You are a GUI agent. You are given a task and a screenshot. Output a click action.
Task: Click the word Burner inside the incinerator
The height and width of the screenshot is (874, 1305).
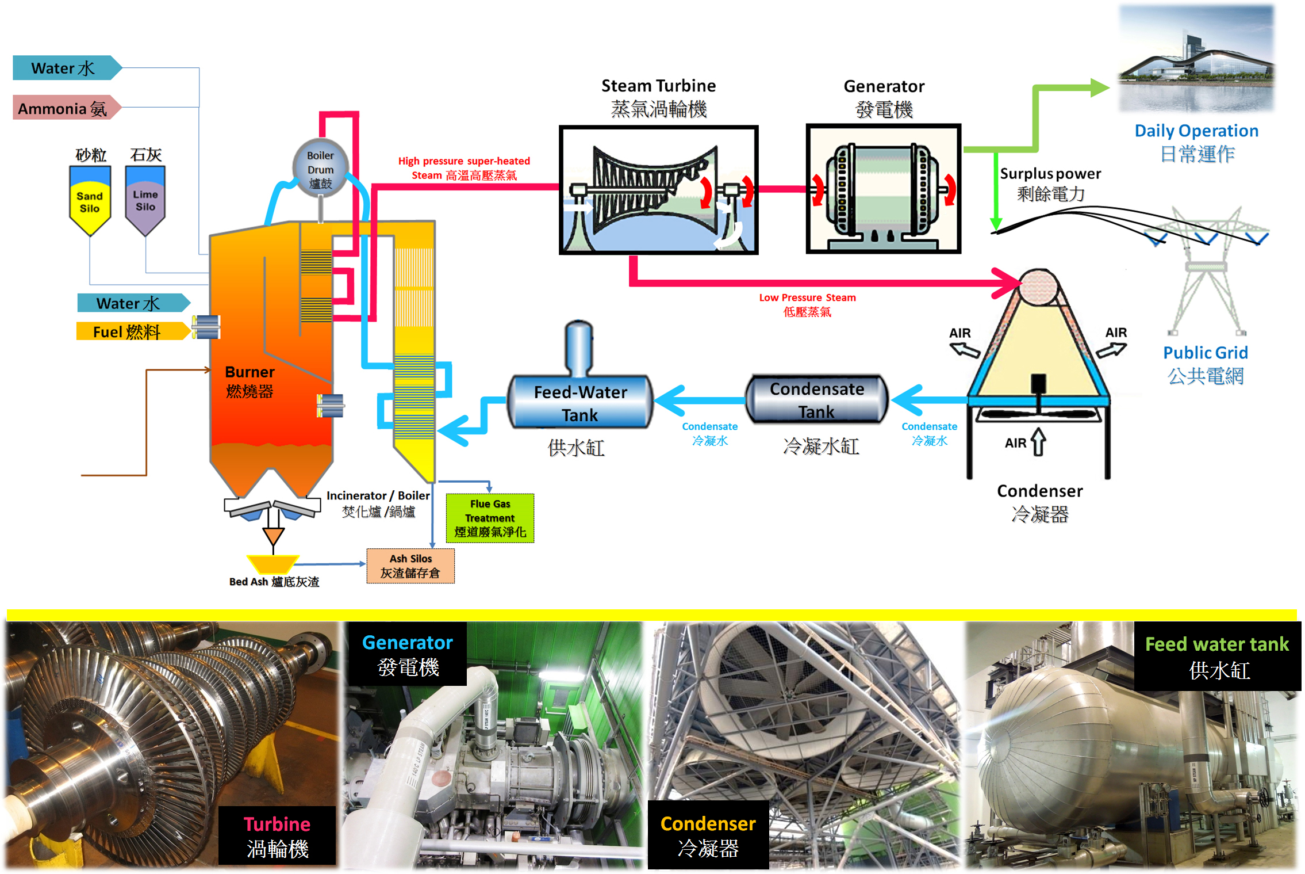[250, 372]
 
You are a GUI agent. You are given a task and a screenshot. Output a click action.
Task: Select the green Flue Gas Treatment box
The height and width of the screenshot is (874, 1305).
[490, 518]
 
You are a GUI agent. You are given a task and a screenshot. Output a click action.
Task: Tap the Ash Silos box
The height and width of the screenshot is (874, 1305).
[410, 566]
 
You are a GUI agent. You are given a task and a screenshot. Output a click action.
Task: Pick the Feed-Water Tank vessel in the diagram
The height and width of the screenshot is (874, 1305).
[579, 403]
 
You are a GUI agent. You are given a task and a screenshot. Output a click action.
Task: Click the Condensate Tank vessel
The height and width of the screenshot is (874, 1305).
[816, 400]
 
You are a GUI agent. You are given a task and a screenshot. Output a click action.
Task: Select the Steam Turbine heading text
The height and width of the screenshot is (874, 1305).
[658, 86]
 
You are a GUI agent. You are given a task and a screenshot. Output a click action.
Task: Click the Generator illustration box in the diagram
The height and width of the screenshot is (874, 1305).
[883, 189]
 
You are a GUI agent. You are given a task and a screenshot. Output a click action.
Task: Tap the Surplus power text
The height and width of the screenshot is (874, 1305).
[1050, 174]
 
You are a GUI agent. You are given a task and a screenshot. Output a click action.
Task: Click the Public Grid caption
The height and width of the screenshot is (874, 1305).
[1205, 353]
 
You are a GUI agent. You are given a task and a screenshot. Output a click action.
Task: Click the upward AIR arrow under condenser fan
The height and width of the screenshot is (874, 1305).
[1038, 442]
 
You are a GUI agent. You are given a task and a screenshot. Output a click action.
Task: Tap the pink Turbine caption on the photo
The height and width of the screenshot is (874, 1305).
[277, 825]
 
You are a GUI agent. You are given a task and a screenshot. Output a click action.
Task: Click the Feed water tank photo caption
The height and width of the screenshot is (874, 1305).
[1216, 644]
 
